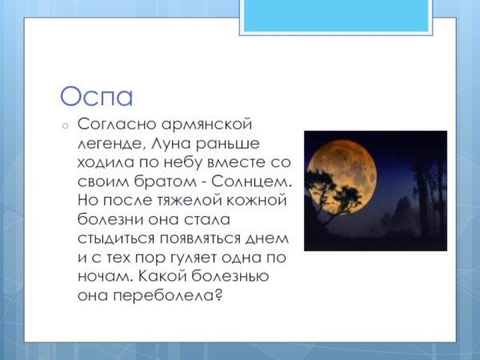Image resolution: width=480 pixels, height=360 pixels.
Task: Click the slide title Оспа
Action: pyautogui.click(x=96, y=97)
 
